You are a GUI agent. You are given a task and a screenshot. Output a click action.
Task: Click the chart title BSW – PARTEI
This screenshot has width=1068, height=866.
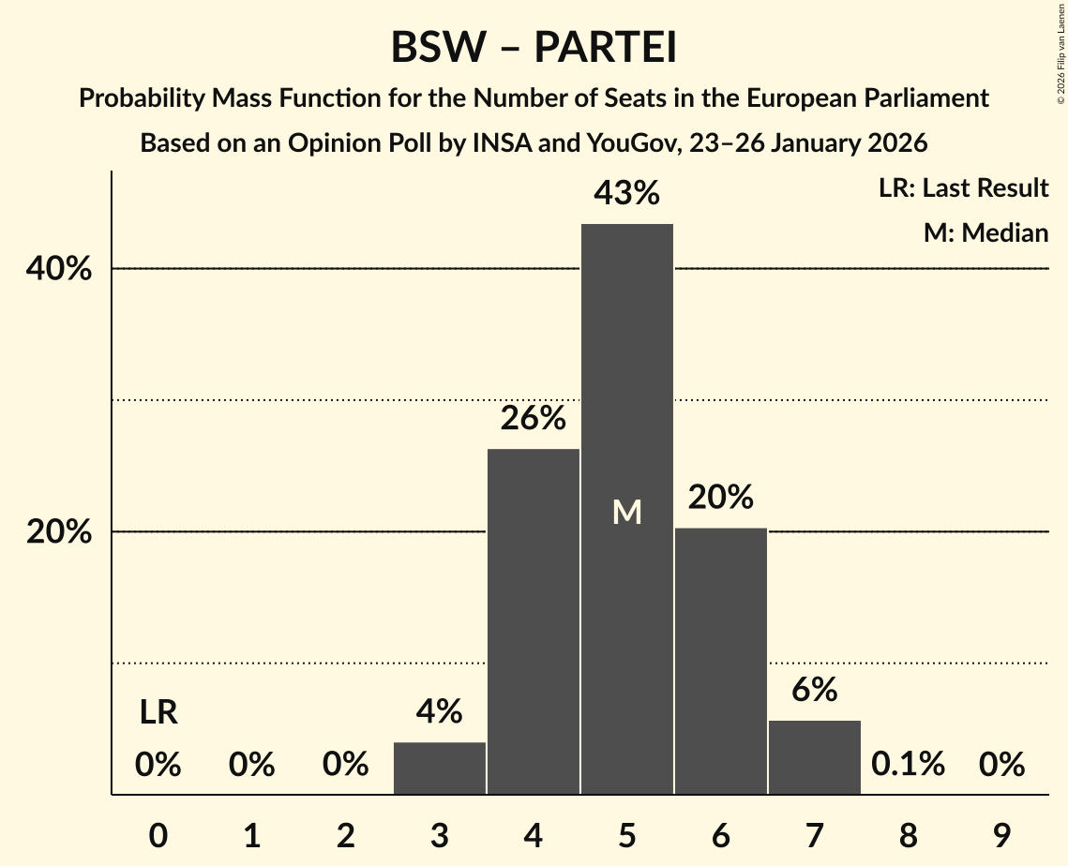tap(534, 48)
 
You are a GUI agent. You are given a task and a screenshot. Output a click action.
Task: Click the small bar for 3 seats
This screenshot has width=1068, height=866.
tap(440, 768)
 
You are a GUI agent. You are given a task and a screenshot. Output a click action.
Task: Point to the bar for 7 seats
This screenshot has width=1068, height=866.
tap(814, 756)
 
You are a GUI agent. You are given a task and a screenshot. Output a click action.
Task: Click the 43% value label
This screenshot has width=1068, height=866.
tap(626, 194)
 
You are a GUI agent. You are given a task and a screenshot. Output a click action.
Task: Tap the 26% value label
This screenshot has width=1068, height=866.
tap(533, 419)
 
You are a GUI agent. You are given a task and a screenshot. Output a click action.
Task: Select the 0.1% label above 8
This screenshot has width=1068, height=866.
tap(908, 765)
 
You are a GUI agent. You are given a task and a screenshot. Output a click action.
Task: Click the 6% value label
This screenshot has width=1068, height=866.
tap(814, 691)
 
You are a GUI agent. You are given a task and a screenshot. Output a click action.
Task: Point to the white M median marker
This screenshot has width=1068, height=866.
tap(626, 512)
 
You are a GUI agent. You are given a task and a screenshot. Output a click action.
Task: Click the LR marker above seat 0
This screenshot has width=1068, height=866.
tap(158, 713)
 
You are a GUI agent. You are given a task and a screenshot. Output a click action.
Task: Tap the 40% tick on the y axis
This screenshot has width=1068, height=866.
tap(58, 270)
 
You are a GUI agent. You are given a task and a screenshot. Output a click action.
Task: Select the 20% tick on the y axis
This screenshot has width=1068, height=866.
tap(58, 532)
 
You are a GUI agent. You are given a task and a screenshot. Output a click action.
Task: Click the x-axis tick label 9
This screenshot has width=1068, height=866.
tap(1001, 834)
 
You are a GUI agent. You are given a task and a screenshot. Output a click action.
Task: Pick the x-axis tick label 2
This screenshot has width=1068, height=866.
tap(345, 834)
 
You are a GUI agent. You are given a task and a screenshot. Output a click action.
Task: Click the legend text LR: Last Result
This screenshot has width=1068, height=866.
tap(963, 188)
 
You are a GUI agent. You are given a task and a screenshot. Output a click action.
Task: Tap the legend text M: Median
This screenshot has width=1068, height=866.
tap(985, 232)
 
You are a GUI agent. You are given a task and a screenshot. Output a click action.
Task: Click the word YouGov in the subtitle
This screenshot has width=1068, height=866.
tap(627, 144)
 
